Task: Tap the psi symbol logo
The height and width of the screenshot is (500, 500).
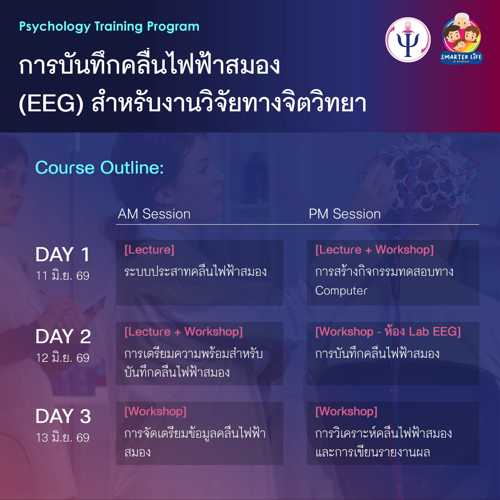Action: click(x=408, y=40)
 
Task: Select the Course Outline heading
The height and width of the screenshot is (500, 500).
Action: click(x=99, y=168)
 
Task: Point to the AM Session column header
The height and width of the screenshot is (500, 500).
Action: click(x=154, y=214)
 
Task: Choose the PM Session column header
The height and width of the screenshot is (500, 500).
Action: click(x=345, y=214)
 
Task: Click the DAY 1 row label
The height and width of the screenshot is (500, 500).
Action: click(x=63, y=254)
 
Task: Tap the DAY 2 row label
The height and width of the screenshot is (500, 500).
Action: click(x=63, y=337)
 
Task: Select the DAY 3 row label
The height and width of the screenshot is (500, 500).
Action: click(x=63, y=416)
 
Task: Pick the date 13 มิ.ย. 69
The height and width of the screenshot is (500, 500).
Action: click(x=63, y=437)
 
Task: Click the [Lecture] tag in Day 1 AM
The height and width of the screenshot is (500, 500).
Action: click(x=149, y=250)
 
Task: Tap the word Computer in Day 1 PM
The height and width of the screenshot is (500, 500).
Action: click(x=341, y=291)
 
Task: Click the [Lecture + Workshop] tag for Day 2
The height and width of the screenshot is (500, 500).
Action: click(x=183, y=332)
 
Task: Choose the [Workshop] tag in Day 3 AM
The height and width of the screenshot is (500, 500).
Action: click(x=155, y=412)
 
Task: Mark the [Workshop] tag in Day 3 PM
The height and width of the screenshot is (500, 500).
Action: click(x=346, y=412)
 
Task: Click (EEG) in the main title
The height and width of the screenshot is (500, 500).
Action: click(x=51, y=104)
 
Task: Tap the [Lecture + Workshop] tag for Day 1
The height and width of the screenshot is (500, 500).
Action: click(x=374, y=250)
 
